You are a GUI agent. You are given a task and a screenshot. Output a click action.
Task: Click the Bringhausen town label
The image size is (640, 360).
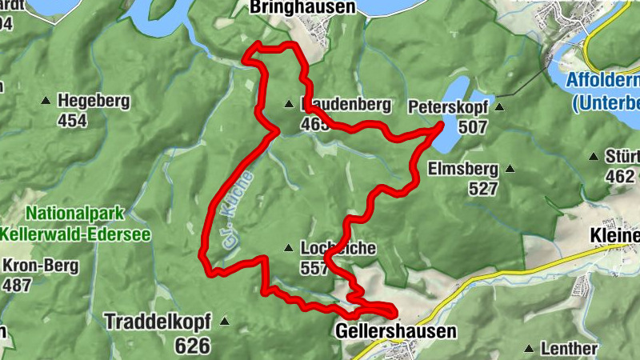coord(302,7)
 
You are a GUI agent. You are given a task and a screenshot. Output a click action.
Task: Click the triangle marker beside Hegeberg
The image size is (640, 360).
coord(46,102)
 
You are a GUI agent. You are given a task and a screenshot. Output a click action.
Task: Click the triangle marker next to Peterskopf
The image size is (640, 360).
coord(499,106)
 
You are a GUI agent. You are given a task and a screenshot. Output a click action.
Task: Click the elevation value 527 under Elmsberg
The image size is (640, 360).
coord(485,190)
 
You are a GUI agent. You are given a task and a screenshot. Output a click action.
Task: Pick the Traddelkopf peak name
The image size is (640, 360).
coord(157,322)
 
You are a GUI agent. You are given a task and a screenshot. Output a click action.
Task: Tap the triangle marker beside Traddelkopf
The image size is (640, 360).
coord(225,322)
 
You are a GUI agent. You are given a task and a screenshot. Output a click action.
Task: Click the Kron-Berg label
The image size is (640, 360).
coord(40,266)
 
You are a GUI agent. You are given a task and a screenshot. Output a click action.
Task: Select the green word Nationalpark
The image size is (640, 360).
coord(74,214)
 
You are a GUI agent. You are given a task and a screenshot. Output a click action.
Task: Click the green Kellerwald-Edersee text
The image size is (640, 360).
coord(77,234)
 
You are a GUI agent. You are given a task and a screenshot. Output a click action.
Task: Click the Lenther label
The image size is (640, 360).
coord(569,349)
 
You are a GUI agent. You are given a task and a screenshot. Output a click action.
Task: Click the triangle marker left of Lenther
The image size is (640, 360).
coord(529,349)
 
